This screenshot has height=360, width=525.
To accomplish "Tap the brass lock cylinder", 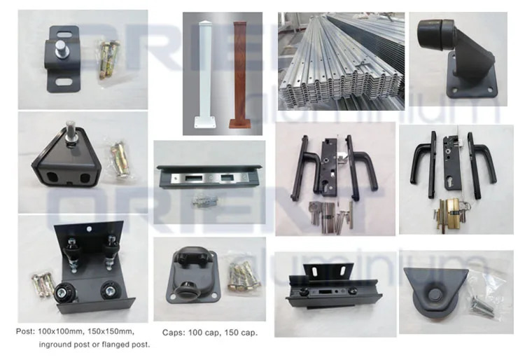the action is pyautogui.click(x=448, y=214).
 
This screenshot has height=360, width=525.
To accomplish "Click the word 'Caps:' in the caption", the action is pyautogui.click(x=173, y=333).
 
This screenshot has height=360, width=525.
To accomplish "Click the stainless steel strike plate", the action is pyautogui.click(x=209, y=179).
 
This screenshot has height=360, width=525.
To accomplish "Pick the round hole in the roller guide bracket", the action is pyautogui.click(x=89, y=229).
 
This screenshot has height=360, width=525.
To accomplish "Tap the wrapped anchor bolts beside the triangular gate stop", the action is pyautogui.click(x=121, y=160).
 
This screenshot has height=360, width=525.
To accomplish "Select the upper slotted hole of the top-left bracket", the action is pyautogui.click(x=64, y=34).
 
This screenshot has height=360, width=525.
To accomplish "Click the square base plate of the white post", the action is pyautogui.click(x=204, y=123).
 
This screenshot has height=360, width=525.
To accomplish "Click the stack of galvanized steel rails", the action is pyautogui.click(x=341, y=62).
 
